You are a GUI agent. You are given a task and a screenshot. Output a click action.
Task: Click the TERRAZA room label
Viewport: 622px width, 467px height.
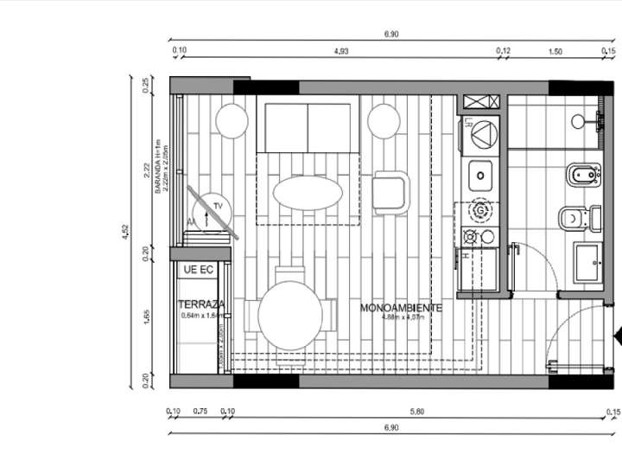(x=201, y=304)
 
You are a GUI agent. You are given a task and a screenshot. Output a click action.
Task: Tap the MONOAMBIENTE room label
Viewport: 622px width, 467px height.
(x=401, y=308)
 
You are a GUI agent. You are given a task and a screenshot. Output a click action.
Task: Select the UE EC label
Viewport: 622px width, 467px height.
(x=198, y=271)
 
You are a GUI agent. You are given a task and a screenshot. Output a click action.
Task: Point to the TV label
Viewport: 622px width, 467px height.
(x=219, y=206)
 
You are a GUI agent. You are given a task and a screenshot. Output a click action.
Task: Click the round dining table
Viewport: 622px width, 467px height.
(x=290, y=316)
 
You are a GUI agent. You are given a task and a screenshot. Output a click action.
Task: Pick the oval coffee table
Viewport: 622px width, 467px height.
(x=308, y=192)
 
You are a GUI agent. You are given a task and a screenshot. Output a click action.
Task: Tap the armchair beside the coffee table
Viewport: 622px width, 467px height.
(x=390, y=192)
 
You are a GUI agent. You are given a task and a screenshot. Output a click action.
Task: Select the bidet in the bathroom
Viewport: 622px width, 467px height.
(x=581, y=176)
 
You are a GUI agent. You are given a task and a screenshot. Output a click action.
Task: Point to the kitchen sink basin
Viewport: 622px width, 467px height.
(x=480, y=176)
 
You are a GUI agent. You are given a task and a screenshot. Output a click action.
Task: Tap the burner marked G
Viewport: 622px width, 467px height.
(x=480, y=209)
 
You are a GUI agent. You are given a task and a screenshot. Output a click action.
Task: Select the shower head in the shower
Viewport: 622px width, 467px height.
(x=578, y=122)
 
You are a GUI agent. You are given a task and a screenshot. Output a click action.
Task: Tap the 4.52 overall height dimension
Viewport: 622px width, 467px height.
(x=127, y=231)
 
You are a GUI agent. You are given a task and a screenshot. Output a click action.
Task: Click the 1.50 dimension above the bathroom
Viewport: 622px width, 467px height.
(x=555, y=52)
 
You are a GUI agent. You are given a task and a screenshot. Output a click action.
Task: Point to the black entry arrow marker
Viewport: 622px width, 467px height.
(x=617, y=336)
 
